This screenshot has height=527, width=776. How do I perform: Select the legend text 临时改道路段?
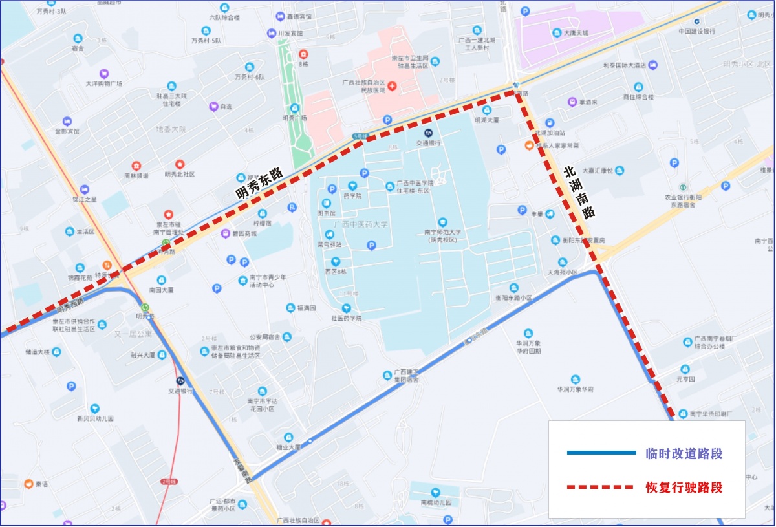(x=684, y=454)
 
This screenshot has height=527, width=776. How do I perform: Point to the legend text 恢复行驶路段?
(x=684, y=488)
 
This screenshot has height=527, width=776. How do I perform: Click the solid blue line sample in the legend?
(x=601, y=453)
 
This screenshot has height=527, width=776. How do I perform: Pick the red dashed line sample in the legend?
(x=601, y=487)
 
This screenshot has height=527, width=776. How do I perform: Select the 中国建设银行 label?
(x=696, y=31)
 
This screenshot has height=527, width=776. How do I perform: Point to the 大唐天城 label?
(x=576, y=32)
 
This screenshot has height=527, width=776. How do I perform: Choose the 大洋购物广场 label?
(x=104, y=83)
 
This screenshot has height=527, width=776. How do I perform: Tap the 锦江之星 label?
(x=85, y=199)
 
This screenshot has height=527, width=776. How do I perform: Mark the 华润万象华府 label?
(x=575, y=389)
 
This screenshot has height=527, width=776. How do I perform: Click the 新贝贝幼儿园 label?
(x=95, y=418)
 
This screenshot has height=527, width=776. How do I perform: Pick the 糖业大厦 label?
(x=288, y=447)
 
